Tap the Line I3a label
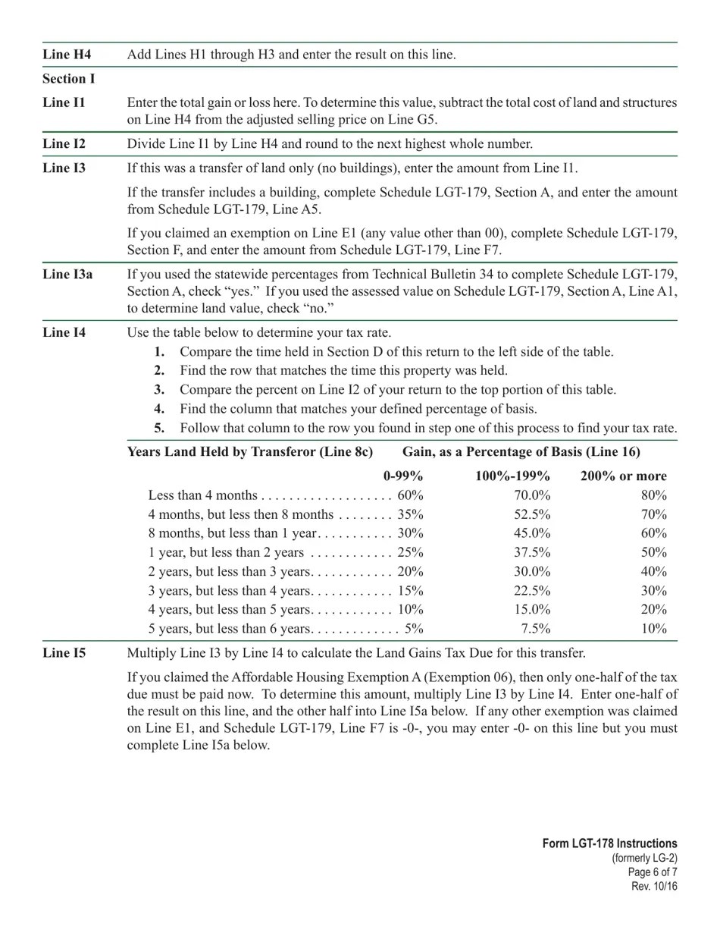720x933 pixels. tap(67, 274)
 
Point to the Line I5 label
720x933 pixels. tap(64, 652)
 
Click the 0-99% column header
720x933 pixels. tap(403, 476)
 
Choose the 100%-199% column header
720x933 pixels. tap(512, 476)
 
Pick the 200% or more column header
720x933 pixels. tap(623, 476)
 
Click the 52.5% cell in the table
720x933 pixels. tap(532, 514)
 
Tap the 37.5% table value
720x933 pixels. tap(532, 552)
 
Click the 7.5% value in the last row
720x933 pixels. tap(535, 628)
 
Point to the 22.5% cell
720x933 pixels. tap(532, 590)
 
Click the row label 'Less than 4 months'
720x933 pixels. tap(202, 495)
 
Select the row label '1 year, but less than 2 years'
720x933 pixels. tap(226, 552)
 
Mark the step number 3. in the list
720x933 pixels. tap(159, 389)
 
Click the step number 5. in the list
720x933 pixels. tap(159, 428)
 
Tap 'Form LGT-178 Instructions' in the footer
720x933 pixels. tap(609, 843)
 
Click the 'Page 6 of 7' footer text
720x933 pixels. tap(653, 872)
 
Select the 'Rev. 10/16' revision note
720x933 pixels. tap(654, 887)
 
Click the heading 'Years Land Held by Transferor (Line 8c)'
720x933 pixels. tap(250, 452)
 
